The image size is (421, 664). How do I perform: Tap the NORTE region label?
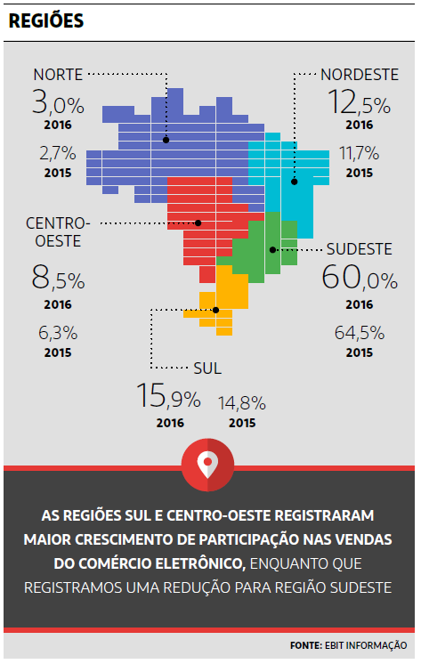coord(58,73)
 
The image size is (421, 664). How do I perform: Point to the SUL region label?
coord(206,367)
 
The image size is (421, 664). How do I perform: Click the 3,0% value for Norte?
coord(58,103)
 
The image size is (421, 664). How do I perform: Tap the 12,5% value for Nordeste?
coord(359,103)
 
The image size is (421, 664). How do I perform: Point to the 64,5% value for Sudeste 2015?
coord(360,333)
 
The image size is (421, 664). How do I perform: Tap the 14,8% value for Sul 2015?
coord(242,401)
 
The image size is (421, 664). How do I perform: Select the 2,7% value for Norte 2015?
coord(58,153)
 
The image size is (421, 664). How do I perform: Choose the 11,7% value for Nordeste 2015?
coord(359,153)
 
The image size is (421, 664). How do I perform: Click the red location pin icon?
coord(208,462)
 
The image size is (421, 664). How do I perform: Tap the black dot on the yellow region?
coord(215,310)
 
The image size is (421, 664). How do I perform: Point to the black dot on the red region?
coord(198,223)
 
